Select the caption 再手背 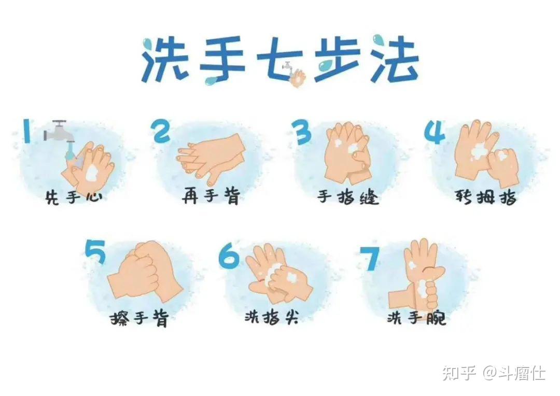[211, 197]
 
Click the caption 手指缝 [348, 197]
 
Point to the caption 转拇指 [485, 197]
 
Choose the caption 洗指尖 [271, 317]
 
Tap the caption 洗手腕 [416, 318]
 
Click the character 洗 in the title [162, 60]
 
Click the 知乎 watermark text [459, 373]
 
